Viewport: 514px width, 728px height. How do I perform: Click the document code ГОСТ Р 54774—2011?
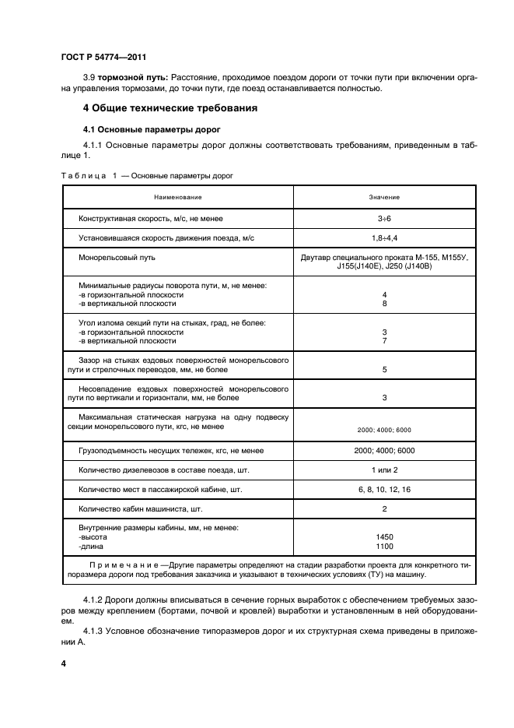point(103,58)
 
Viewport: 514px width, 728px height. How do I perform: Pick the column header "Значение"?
point(384,197)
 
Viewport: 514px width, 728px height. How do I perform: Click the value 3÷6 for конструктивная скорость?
point(384,219)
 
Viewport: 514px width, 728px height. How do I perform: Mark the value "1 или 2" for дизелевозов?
point(384,470)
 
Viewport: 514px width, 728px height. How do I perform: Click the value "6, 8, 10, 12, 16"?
point(384,490)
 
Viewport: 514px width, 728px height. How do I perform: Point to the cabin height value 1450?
point(384,537)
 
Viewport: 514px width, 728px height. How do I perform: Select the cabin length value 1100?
point(384,547)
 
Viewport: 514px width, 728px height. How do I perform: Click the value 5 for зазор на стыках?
point(384,370)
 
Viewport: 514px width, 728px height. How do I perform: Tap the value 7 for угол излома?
point(384,341)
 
